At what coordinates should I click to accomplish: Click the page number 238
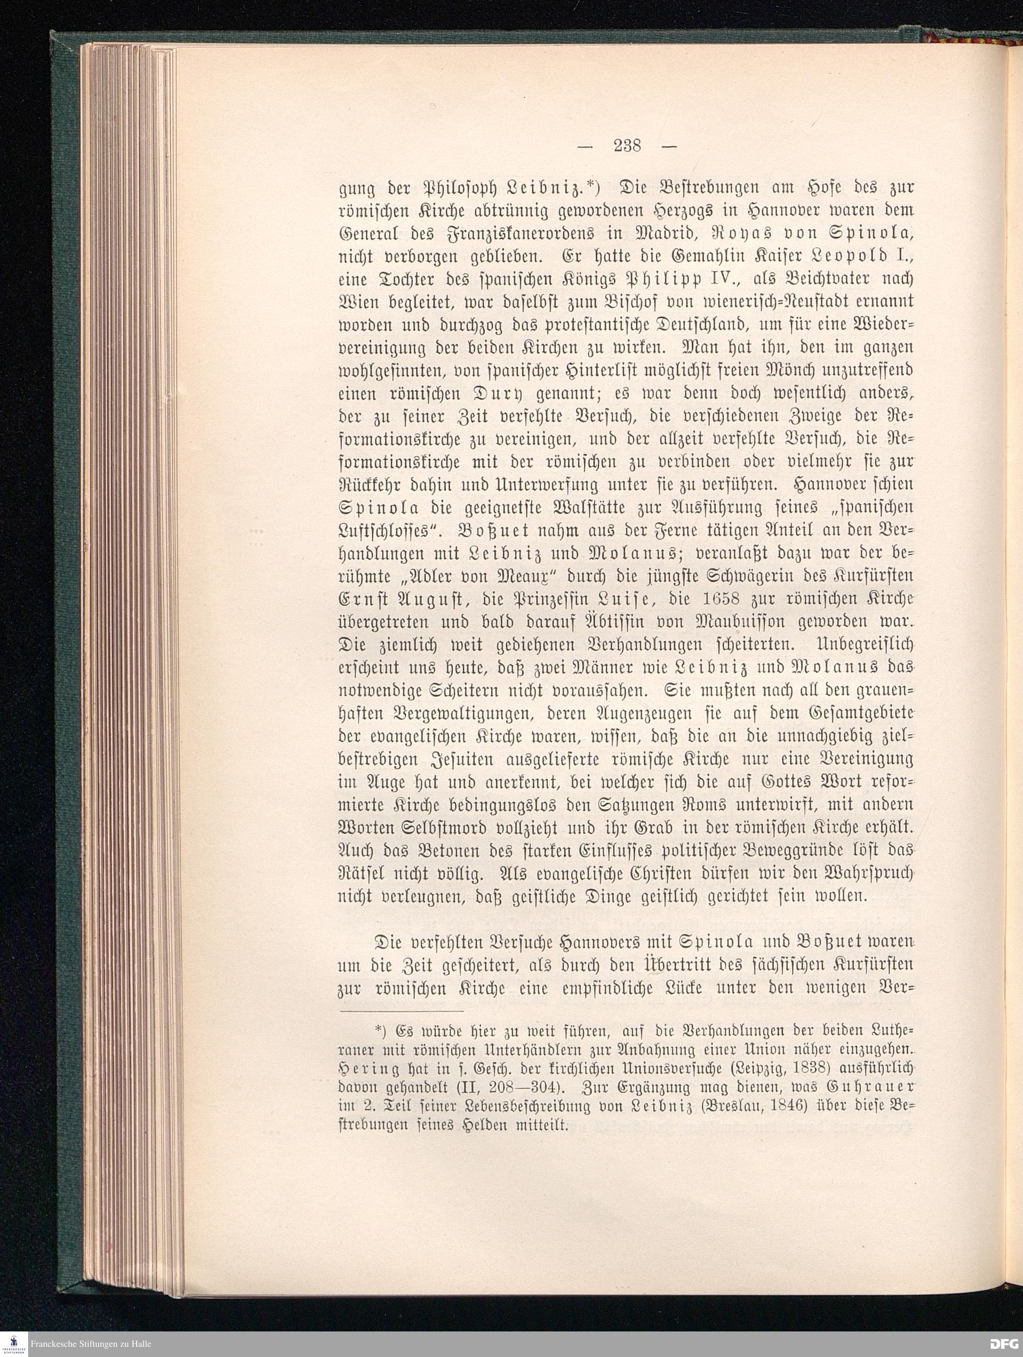(x=626, y=146)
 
